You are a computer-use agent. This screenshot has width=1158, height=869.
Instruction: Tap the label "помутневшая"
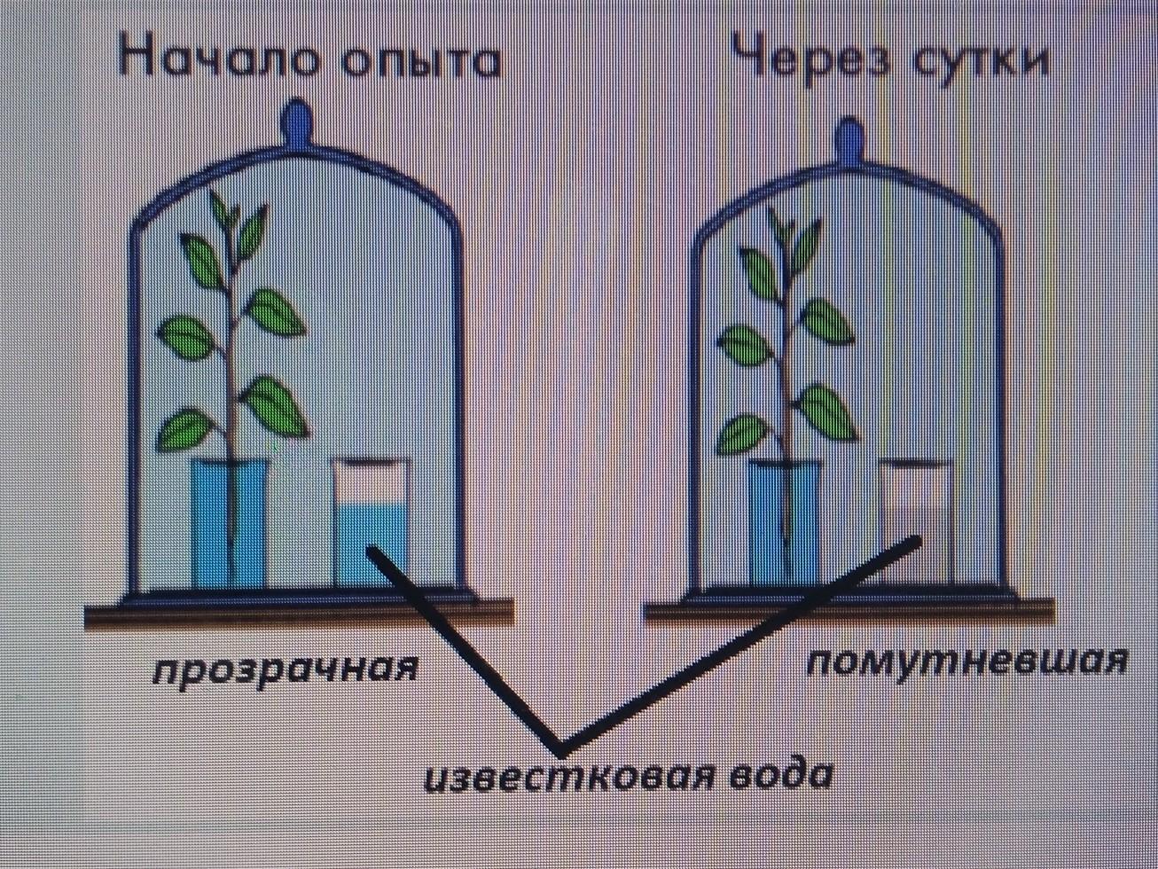point(966,662)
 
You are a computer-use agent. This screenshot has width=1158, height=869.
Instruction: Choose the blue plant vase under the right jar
point(784,523)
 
